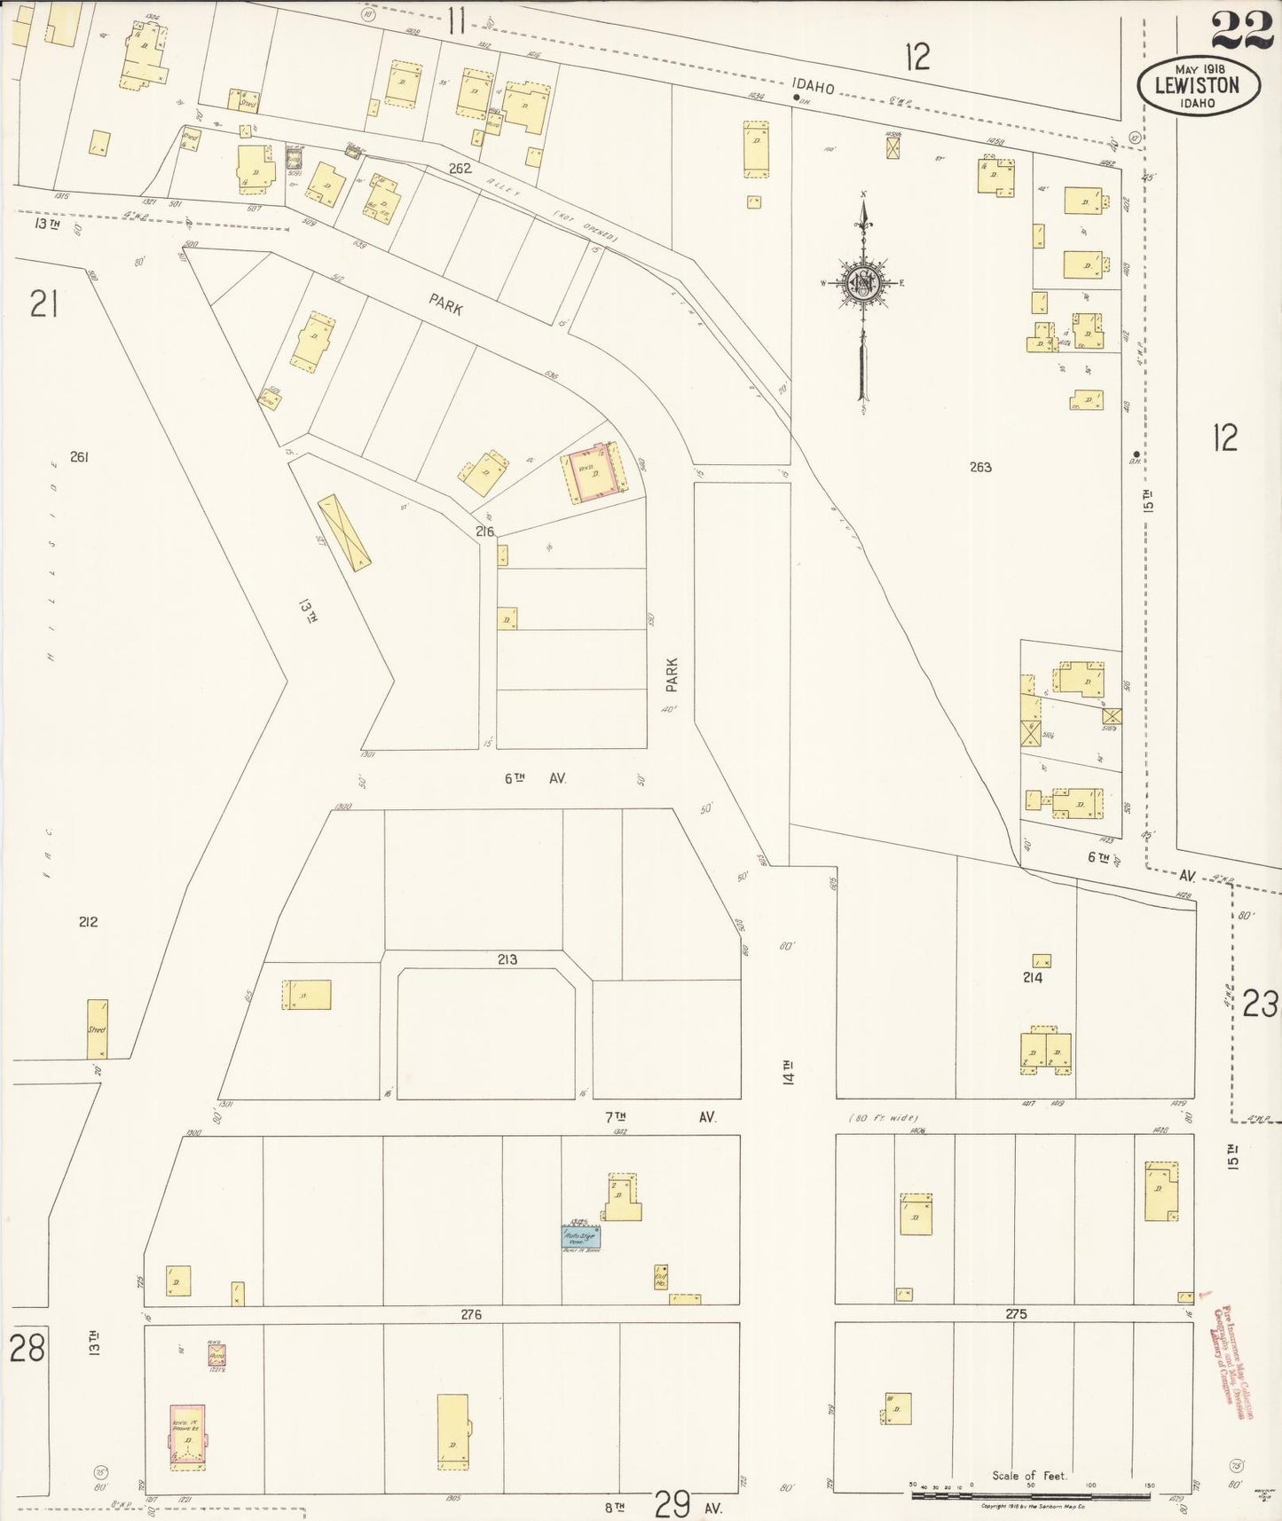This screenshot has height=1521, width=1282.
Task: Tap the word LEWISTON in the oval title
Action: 1197,85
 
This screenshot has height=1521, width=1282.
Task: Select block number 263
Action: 979,467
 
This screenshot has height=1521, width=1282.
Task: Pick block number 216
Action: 484,532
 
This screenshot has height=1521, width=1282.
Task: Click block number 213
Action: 507,959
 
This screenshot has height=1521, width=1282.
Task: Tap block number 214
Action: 1032,978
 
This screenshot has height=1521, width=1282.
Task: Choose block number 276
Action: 471,1314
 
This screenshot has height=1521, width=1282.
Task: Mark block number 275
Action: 1016,1314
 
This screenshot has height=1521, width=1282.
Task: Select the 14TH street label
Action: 788,1072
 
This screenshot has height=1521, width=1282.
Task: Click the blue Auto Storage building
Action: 580,1237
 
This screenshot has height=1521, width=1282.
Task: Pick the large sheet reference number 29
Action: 672,1504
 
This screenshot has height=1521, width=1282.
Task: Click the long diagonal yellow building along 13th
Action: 344,532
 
